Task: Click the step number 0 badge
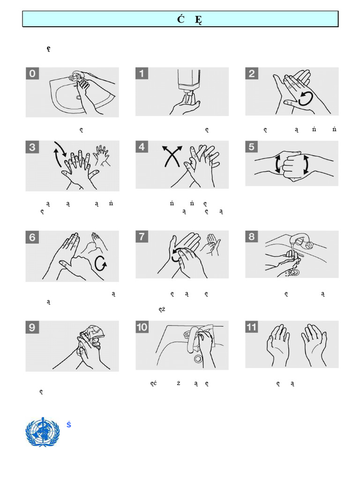pyautogui.click(x=32, y=74)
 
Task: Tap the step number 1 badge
pyautogui.click(x=142, y=74)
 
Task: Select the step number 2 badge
pyautogui.click(x=252, y=74)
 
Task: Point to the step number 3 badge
pyautogui.click(x=32, y=147)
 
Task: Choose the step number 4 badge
pyautogui.click(x=142, y=147)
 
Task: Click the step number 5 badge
pyautogui.click(x=252, y=147)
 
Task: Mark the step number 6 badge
pyautogui.click(x=32, y=237)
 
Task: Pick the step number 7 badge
pyautogui.click(x=142, y=237)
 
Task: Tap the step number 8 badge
pyautogui.click(x=252, y=237)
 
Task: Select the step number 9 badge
pyautogui.click(x=32, y=327)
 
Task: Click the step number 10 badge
pyautogui.click(x=142, y=327)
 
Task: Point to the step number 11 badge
pyautogui.click(x=252, y=327)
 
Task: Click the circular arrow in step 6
pyautogui.click(x=100, y=264)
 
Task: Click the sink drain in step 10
pyautogui.click(x=198, y=359)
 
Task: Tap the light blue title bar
pyautogui.click(x=180, y=19)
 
